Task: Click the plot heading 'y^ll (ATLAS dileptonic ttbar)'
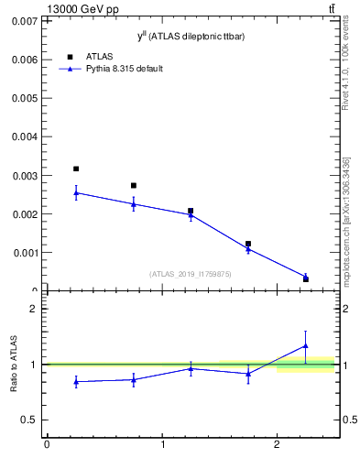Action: tap(191, 36)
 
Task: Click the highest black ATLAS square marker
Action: tap(76, 169)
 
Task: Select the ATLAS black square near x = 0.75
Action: tap(134, 185)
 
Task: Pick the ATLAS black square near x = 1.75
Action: tap(248, 244)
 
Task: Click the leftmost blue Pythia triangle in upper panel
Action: tap(76, 192)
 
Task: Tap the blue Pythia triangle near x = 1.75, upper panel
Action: tap(248, 249)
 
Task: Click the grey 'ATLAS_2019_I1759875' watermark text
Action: tap(191, 274)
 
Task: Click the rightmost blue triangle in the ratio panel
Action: tap(306, 345)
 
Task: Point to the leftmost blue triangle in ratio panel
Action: tap(76, 381)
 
